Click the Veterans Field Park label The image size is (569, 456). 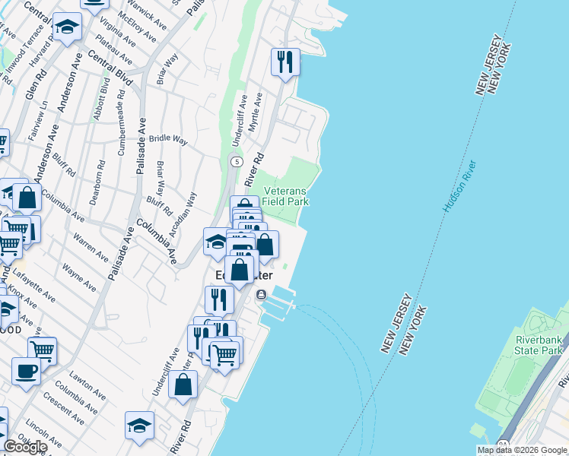(286, 196)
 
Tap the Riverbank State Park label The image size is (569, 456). (539, 344)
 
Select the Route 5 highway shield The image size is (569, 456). (237, 162)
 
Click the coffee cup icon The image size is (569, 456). (27, 372)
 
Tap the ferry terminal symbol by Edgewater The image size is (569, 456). (262, 295)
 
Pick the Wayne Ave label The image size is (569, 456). (78, 277)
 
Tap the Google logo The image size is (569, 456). (24, 447)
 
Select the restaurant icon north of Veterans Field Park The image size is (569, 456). (285, 62)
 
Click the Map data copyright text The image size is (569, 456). (522, 450)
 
